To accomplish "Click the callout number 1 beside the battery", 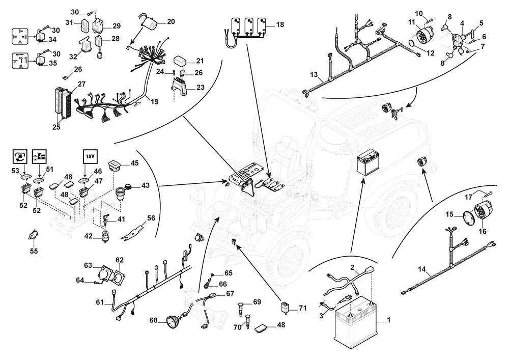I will [389, 321].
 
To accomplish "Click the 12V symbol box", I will [90, 155].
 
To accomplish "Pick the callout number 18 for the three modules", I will [280, 24].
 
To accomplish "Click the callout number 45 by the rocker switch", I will [134, 163].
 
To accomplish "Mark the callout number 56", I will [151, 218].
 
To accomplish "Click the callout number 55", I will [34, 251].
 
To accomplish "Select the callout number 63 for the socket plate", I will [88, 265].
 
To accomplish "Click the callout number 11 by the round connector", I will [412, 22].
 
